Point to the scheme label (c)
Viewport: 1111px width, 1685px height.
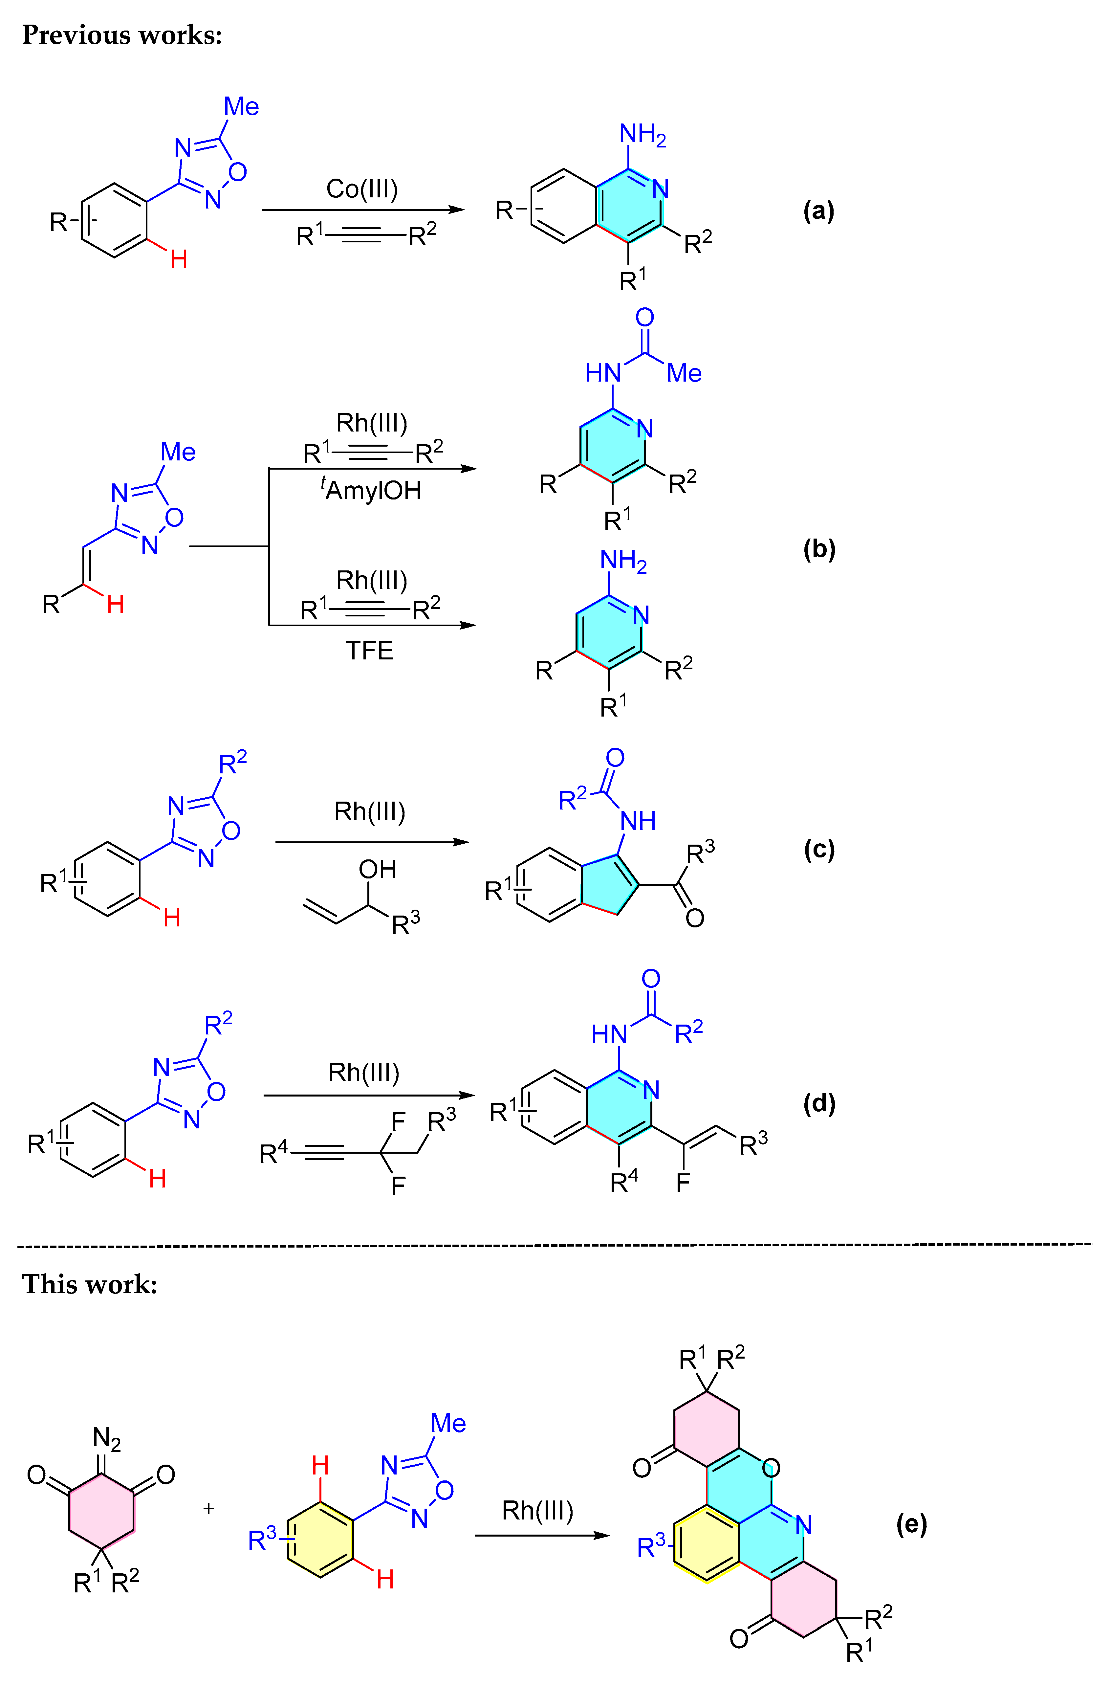(x=819, y=849)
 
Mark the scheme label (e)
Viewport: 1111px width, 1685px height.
(x=911, y=1523)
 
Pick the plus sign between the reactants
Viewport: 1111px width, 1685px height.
(x=208, y=1508)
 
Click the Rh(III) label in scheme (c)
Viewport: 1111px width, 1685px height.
(x=370, y=811)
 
